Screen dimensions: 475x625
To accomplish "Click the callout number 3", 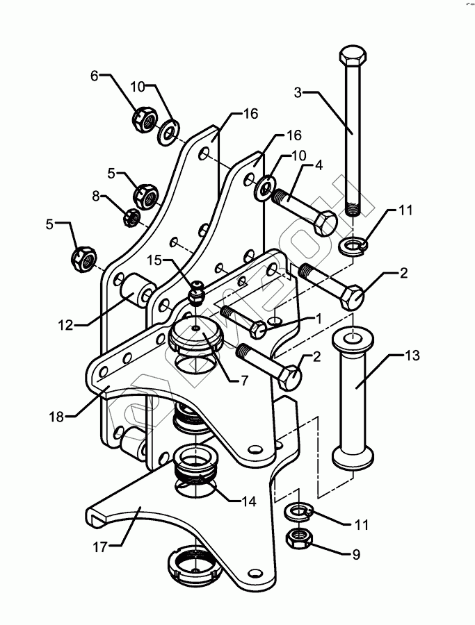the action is coord(298,92).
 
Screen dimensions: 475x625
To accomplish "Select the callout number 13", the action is coord(412,355).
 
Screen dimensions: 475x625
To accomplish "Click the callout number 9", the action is coord(356,554).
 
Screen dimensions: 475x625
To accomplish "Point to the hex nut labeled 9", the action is coord(298,538).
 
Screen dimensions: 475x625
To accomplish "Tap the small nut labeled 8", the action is coord(131,217).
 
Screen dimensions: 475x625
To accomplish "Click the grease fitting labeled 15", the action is coord(196,293).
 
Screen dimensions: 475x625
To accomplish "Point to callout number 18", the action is coord(56,417).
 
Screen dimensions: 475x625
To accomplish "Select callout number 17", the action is coord(100,547).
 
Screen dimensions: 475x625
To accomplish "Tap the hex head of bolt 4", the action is coord(325,223).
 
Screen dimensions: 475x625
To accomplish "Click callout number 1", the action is coord(318,319).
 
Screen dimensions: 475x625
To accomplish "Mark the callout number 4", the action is coord(319,165).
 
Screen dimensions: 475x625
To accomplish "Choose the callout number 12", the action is coord(66,325).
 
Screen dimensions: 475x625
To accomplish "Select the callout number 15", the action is coord(154,260).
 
